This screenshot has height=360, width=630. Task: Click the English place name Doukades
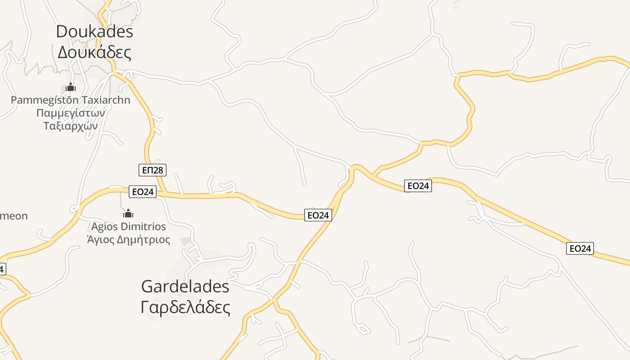pyautogui.click(x=94, y=32)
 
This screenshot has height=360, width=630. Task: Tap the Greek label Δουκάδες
pyautogui.click(x=94, y=53)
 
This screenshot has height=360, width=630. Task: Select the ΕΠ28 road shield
pyautogui.click(x=153, y=170)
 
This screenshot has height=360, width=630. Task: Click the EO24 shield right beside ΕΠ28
pyautogui.click(x=143, y=192)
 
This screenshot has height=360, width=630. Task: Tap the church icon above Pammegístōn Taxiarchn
pyautogui.click(x=70, y=87)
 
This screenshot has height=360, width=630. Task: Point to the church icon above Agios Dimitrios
pyautogui.click(x=128, y=213)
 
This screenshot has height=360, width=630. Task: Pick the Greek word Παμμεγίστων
pyautogui.click(x=71, y=112)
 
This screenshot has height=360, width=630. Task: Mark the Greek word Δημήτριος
pyautogui.click(x=144, y=239)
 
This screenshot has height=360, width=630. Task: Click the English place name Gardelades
pyautogui.click(x=185, y=286)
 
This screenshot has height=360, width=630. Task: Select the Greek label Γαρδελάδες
pyautogui.click(x=185, y=307)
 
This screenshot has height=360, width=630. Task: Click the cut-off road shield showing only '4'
pyautogui.click(x=2, y=269)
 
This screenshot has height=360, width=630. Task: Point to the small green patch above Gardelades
pyautogui.click(x=185, y=242)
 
